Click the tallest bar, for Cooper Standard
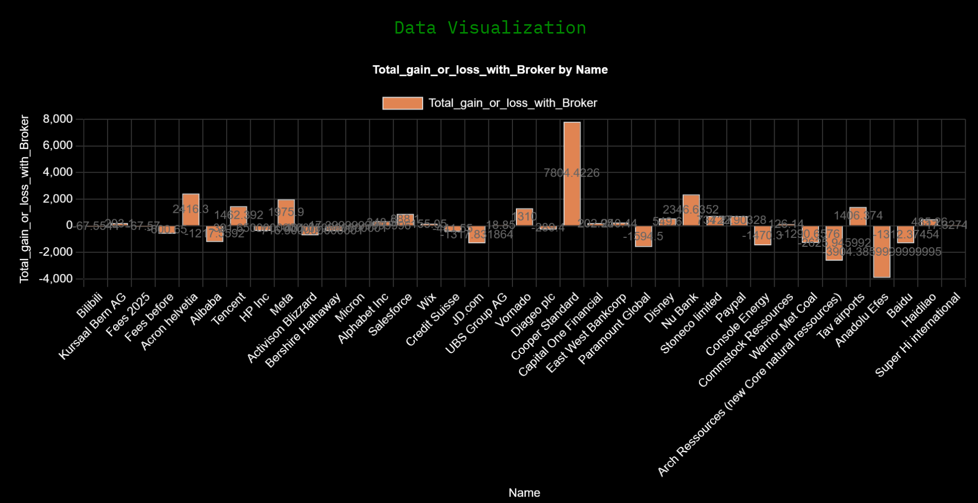[572, 174]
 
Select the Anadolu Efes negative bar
[882, 251]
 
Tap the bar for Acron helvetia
[191, 210]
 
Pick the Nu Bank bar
[691, 210]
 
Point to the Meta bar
[286, 213]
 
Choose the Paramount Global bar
[643, 236]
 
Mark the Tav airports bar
[858, 216]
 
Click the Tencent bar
[238, 216]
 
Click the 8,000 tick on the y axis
[58, 119]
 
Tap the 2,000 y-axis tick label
[58, 199]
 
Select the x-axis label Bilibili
[90, 305]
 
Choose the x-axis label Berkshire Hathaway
[304, 330]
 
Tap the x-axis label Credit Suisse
[433, 319]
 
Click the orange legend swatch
[402, 103]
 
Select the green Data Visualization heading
[490, 28]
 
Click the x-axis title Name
[524, 493]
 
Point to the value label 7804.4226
[571, 173]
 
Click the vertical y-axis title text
[24, 199]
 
